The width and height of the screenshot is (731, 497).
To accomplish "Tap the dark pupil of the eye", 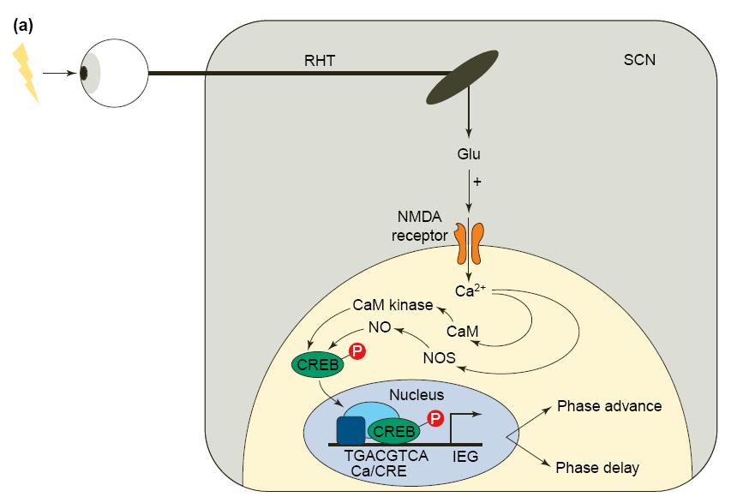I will pos(84,74).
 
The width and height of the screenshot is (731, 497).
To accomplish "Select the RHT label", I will pos(319,62).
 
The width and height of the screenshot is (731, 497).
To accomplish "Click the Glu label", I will pos(468,155).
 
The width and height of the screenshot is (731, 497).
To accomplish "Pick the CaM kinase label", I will pos(393,305).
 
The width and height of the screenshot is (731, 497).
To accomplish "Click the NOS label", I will pos(439,356).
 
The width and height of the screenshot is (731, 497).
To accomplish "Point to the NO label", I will pos(379,326).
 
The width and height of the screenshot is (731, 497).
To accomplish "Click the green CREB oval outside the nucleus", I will pos(319,365).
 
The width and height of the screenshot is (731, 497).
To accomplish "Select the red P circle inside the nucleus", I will pos(436,418).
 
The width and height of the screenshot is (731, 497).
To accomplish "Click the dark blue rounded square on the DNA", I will pos(351,429).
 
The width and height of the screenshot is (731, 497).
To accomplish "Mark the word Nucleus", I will pos(416,394).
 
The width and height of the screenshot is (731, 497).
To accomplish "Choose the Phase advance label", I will pos(609,405).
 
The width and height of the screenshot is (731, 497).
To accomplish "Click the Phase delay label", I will pos(598,468).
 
